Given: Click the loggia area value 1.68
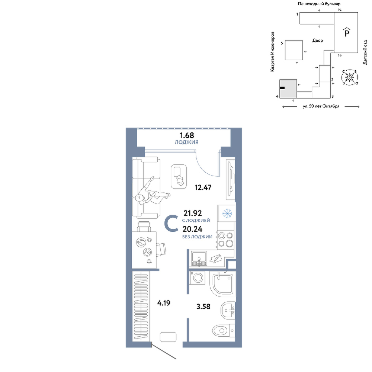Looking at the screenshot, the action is (187, 135).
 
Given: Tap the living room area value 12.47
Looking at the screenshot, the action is (203, 187).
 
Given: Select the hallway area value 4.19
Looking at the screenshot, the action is (164, 303).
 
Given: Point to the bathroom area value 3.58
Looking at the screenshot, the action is (203, 307).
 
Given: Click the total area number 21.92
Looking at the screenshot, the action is (193, 213).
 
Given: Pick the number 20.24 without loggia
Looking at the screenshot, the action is (192, 229).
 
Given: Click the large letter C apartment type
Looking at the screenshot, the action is (171, 223).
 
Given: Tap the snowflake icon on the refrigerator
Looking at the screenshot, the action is (227, 214).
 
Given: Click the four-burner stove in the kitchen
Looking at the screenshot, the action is (226, 240).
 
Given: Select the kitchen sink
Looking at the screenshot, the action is (199, 259).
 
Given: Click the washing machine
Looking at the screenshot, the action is (198, 278).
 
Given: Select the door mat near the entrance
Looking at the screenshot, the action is (168, 337).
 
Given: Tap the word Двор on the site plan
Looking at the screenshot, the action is (318, 41).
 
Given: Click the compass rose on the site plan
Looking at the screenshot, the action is (350, 77).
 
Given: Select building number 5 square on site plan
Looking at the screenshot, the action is (294, 50).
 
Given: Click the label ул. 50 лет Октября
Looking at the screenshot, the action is (321, 106).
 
